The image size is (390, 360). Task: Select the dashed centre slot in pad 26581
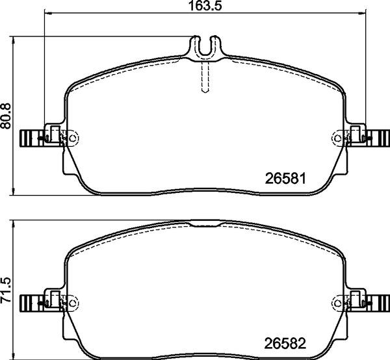click(205, 77)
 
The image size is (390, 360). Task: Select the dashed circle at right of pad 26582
click(338, 302)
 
